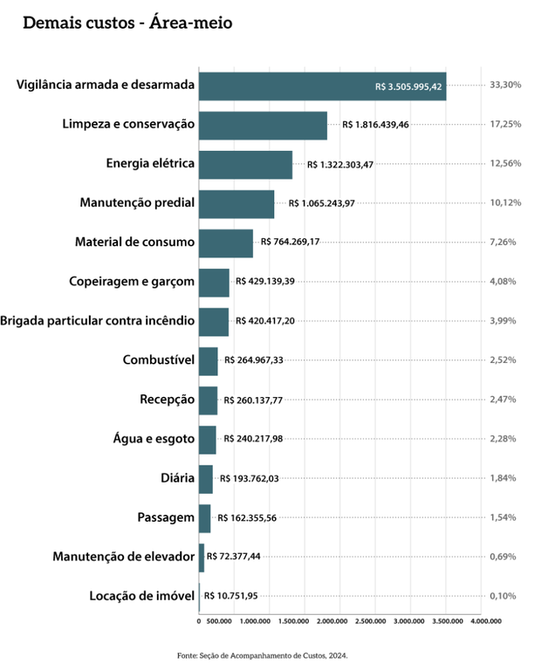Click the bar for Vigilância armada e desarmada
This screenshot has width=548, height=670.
[x=322, y=86]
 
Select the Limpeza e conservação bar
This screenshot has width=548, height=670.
[x=263, y=126]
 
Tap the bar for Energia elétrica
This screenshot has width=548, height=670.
[x=245, y=165]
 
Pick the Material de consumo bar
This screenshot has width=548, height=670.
[x=225, y=243]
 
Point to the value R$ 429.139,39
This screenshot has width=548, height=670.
[x=265, y=282]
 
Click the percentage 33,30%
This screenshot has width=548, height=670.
[x=505, y=85]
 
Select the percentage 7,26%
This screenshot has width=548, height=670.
[x=505, y=242]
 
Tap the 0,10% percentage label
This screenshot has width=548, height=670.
[x=505, y=596]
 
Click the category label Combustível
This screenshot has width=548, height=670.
[x=158, y=360]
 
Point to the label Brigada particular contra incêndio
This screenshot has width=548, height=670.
[x=98, y=321]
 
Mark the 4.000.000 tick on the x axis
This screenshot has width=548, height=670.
[x=486, y=622]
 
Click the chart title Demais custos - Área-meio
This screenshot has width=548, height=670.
[x=127, y=23]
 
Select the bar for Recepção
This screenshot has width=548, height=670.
[x=208, y=400]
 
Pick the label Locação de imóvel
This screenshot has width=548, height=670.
[x=141, y=596]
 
